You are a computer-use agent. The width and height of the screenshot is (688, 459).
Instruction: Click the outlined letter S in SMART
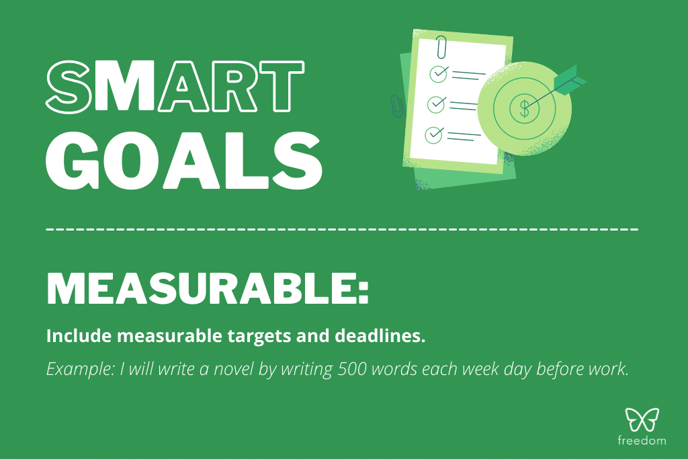[68, 87]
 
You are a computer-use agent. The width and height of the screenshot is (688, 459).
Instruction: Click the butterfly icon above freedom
[642, 420]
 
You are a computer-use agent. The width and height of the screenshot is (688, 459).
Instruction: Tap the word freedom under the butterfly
[642, 441]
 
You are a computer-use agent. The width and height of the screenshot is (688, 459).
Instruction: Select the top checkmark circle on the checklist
[438, 72]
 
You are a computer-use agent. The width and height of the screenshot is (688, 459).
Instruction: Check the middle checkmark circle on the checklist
[437, 104]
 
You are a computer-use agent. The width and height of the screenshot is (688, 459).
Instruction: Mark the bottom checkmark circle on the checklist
[435, 134]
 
